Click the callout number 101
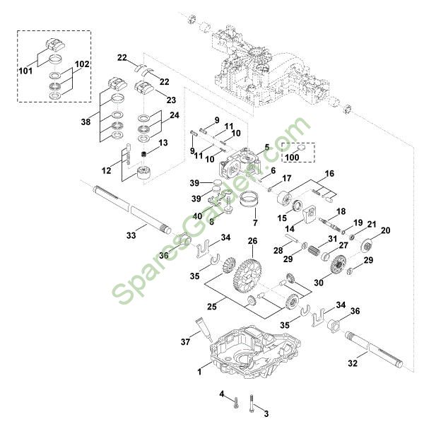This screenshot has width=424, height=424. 25,70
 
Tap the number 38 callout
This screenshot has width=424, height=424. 86,122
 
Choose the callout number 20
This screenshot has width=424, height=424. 386,231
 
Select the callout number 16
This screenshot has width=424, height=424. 329,174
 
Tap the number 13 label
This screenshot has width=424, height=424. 163,143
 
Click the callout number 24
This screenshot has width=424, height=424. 174,114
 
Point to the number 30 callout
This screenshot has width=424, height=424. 319,282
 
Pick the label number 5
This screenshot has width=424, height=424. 267,148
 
